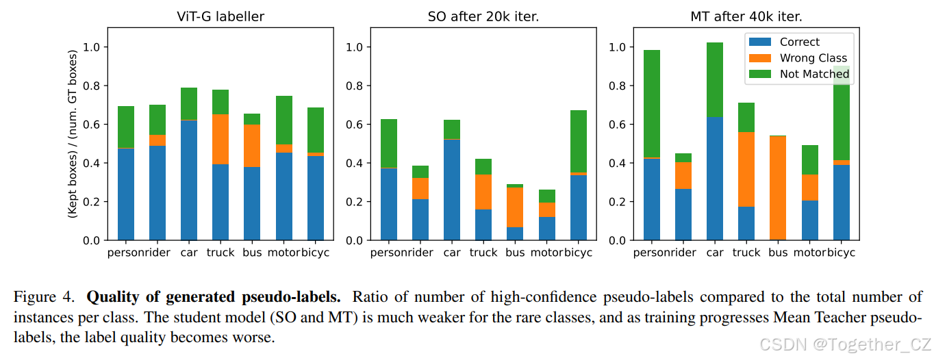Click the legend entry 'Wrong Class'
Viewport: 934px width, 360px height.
coord(813,58)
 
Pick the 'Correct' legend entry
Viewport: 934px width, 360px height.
coord(799,42)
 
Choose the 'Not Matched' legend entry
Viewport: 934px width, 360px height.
coord(814,74)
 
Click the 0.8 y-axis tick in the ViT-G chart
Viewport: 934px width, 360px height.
coord(92,86)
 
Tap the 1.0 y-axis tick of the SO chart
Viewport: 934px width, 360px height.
coord(355,47)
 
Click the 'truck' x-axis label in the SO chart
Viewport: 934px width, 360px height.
coord(483,253)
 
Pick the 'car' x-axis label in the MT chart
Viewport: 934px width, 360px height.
coord(715,253)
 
